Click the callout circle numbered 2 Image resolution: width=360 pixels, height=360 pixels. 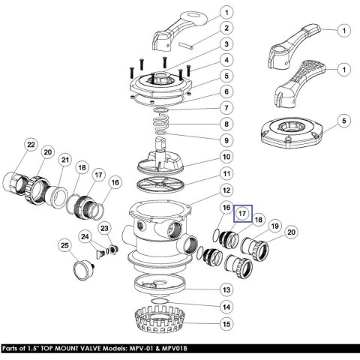pyautogui.click(x=226, y=28)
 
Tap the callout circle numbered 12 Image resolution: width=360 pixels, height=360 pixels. pyautogui.click(x=226, y=190)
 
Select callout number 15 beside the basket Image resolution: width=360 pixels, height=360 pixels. pyautogui.click(x=226, y=324)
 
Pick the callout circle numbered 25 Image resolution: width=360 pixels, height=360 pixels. pyautogui.click(x=64, y=245)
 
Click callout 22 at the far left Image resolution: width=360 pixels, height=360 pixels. pyautogui.click(x=31, y=145)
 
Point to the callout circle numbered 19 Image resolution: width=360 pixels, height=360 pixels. pyautogui.click(x=274, y=226)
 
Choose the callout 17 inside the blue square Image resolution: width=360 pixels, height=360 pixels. pyautogui.click(x=242, y=214)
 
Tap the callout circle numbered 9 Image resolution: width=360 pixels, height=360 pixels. pyautogui.click(x=226, y=140)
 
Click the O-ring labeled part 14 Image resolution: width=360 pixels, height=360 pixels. pyautogui.click(x=160, y=301)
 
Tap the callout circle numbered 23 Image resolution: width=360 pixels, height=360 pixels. pyautogui.click(x=104, y=228)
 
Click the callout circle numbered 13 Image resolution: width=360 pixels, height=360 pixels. pyautogui.click(x=226, y=289)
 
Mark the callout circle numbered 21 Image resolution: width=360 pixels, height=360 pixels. pyautogui.click(x=65, y=160)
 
